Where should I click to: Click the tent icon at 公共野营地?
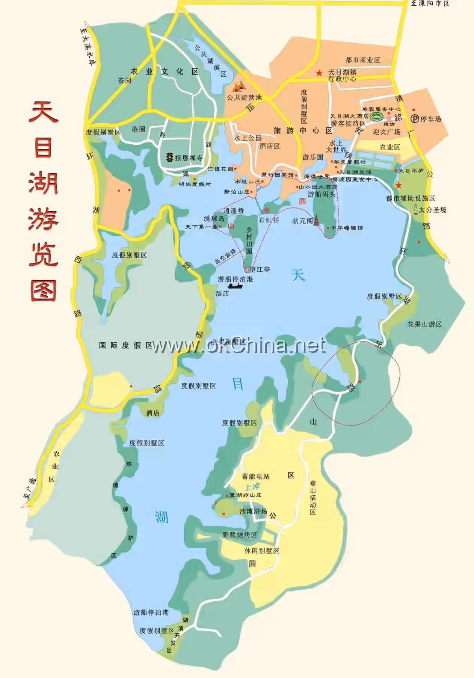tap(239, 86)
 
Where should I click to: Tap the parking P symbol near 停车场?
tap(415, 119)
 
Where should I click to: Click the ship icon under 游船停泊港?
tap(235, 286)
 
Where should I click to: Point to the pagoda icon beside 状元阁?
tap(317, 220)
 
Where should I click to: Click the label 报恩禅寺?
tap(189, 158)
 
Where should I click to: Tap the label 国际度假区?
tap(125, 345)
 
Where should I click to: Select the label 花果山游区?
tap(424, 324)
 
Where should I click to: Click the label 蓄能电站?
tap(255, 476)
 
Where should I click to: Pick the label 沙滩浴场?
tap(253, 511)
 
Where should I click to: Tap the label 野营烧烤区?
tap(240, 534)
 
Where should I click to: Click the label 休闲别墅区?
tap(262, 551)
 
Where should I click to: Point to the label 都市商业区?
tap(363, 60)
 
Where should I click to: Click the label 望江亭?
tap(260, 269)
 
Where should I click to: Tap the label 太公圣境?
tap(433, 210)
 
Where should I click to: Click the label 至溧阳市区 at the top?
tap(430, 4)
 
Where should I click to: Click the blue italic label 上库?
tap(252, 487)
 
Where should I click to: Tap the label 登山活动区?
tap(313, 498)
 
